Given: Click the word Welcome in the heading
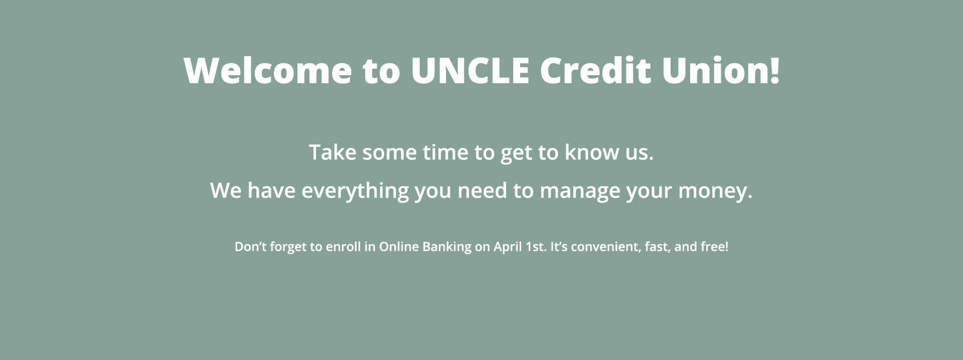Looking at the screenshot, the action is click(x=268, y=70).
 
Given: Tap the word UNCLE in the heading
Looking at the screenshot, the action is click(x=470, y=70).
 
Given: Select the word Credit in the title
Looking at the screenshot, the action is click(x=595, y=70).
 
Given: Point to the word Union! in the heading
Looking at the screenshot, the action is click(x=721, y=70).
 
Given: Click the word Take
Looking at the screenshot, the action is click(x=333, y=152).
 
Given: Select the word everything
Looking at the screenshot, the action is click(x=355, y=191).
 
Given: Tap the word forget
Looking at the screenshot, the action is click(x=288, y=247).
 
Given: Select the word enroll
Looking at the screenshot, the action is click(x=343, y=247).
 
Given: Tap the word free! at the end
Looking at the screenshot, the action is click(x=714, y=247).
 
